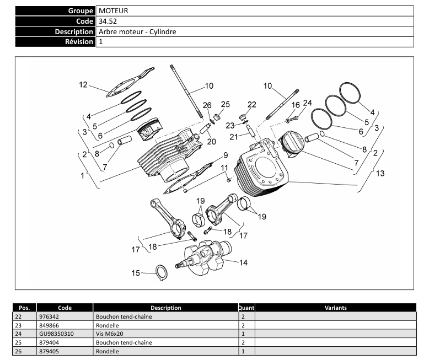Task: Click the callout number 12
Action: [83, 85]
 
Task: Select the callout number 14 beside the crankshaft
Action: [243, 262]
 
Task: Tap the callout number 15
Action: [136, 272]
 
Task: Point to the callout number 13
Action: [380, 174]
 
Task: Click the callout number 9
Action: [226, 155]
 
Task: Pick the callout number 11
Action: [224, 168]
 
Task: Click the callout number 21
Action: [234, 137]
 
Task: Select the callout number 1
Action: [83, 176]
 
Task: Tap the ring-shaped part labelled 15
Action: [160, 272]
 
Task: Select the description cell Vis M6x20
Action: [108, 334]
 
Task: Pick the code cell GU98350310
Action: [55, 334]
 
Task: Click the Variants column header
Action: [335, 308]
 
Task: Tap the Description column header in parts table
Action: [165, 308]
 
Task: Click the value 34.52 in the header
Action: [108, 21]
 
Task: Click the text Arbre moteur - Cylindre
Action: [137, 31]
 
